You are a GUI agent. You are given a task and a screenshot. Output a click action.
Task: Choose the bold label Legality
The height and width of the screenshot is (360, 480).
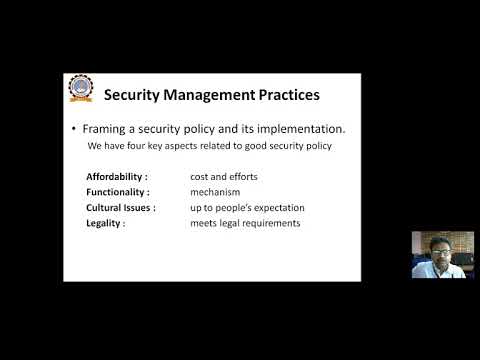[x=106, y=223]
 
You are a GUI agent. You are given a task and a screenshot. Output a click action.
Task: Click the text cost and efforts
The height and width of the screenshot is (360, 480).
[x=225, y=177]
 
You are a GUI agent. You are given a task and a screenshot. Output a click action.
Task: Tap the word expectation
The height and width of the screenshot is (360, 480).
[x=276, y=207]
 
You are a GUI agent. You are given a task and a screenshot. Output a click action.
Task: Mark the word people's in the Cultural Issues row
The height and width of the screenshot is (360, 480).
[x=228, y=207]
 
